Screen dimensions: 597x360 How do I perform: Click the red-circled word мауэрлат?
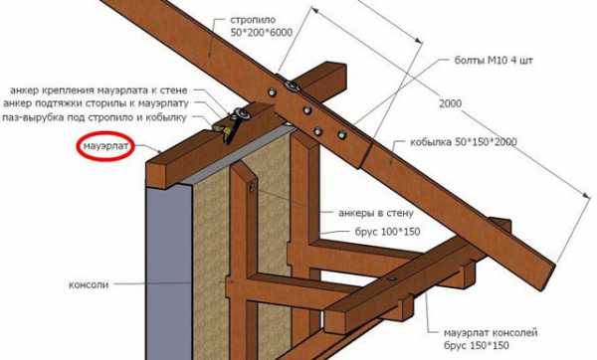[105, 146]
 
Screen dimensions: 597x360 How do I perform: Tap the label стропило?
[253, 20]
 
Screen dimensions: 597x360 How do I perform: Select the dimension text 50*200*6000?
[261, 33]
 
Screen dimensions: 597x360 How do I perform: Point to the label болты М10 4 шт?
[494, 60]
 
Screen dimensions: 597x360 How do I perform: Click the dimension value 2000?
[451, 103]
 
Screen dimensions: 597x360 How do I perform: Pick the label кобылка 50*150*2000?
[464, 142]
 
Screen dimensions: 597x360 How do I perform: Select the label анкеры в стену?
[376, 213]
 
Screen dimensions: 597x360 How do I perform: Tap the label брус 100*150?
[388, 232]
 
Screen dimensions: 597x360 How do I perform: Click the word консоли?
[89, 284]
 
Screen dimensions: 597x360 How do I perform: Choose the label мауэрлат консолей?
[491, 333]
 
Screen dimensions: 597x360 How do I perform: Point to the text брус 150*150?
[476, 346]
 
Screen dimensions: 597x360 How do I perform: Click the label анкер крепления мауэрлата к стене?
[99, 90]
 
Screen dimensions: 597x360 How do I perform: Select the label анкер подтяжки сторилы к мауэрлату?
[96, 103]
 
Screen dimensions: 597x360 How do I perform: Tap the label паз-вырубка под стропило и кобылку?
[95, 117]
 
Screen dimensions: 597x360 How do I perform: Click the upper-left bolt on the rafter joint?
[272, 91]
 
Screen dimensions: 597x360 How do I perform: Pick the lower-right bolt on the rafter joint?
[341, 134]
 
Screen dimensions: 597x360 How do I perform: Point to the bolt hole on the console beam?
[391, 278]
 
